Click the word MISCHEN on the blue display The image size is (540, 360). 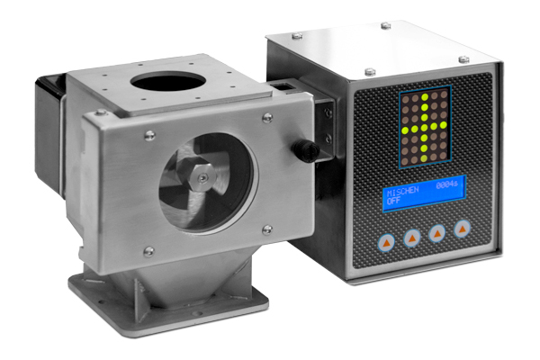click(x=402, y=191)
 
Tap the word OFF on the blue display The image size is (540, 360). click(x=393, y=201)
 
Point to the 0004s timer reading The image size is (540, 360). click(x=447, y=185)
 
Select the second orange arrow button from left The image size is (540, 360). click(x=412, y=238)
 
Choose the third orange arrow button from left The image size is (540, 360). click(x=437, y=234)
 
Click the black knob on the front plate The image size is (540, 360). click(x=306, y=150)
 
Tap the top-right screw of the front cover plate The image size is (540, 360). click(x=267, y=118)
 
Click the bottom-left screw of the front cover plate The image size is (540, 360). click(x=148, y=251)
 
